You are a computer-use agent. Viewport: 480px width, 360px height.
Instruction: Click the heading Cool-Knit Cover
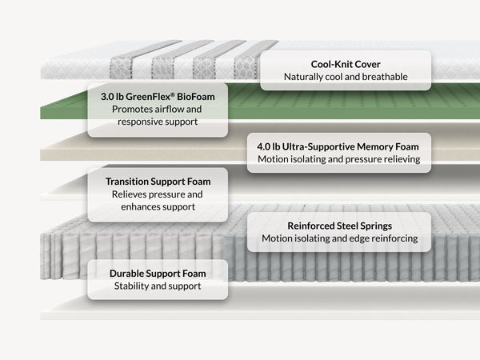[x=346, y=64]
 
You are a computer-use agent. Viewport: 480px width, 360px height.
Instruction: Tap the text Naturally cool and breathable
[x=346, y=77]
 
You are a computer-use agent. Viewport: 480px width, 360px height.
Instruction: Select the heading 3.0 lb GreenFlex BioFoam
[x=158, y=97]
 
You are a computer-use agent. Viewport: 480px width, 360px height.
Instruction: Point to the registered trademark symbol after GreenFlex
[x=173, y=94]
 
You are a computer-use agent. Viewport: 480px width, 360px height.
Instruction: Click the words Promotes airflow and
[x=157, y=110]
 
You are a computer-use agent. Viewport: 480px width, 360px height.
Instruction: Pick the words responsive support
[x=158, y=122]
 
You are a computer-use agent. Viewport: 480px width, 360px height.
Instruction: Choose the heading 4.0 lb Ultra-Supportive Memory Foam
[x=338, y=146]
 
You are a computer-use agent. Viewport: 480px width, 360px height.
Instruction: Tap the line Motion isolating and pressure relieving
[x=339, y=159]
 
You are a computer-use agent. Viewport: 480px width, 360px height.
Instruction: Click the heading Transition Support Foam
[x=158, y=182]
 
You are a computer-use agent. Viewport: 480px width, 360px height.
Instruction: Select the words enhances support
[x=158, y=207]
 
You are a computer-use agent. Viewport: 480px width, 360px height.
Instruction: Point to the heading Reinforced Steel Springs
[x=340, y=226]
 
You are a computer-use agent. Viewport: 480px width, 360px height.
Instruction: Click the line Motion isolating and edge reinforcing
[x=340, y=238]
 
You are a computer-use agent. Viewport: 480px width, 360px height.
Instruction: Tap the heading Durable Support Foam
[x=158, y=274]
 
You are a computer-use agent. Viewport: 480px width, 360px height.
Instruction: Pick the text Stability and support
[x=158, y=286]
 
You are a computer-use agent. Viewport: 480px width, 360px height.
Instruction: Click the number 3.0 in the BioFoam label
[x=107, y=97]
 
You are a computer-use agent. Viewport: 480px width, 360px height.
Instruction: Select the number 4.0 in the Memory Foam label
[x=264, y=146]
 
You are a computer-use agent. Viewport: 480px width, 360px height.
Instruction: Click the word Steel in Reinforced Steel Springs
[x=347, y=226]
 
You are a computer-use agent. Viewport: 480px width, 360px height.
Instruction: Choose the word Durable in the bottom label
[x=126, y=274]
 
